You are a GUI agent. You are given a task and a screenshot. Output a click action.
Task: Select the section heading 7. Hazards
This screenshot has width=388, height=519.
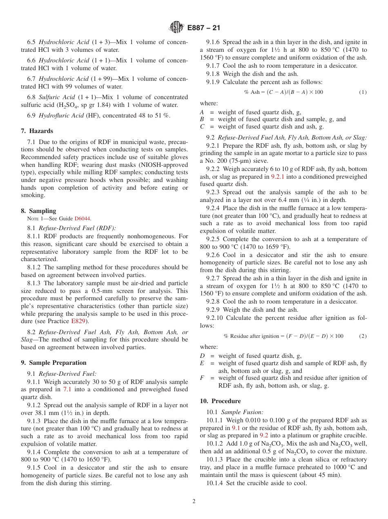(37, 131)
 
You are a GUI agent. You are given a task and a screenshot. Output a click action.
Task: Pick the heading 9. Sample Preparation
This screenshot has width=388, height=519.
(54, 363)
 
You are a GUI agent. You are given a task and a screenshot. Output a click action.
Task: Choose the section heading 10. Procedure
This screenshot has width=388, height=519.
(220, 401)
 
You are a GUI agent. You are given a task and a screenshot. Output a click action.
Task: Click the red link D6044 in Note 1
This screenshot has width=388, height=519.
(83, 219)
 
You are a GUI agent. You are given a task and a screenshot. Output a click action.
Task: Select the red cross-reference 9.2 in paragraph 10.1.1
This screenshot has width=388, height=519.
(264, 435)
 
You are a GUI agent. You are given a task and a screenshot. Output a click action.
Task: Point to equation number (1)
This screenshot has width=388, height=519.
(363, 92)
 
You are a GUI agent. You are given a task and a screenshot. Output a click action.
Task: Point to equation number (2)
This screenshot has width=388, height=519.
(363, 336)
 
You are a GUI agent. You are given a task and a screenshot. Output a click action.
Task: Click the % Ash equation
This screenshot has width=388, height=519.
(283, 92)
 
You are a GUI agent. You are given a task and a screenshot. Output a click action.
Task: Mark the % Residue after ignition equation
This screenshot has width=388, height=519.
(283, 336)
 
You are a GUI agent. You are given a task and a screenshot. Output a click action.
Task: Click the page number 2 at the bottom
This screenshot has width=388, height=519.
(194, 501)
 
